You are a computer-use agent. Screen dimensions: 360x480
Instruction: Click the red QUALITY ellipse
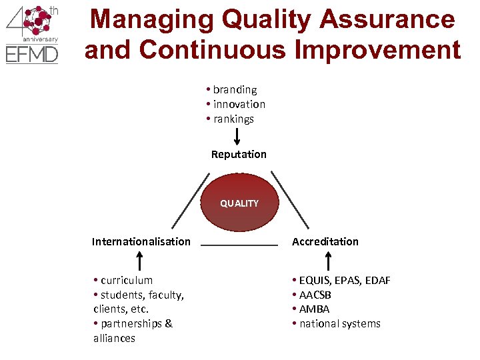239,203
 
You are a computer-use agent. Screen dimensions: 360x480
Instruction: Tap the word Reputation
239,155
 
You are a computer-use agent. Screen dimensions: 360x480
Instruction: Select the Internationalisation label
141,241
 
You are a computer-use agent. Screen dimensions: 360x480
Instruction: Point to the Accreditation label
325,241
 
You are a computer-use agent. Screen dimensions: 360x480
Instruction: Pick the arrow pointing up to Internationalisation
141,260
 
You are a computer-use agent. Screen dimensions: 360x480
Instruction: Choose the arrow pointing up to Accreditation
329,260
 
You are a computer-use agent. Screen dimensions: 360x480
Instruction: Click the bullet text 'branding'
235,89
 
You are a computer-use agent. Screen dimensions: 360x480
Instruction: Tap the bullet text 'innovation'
239,104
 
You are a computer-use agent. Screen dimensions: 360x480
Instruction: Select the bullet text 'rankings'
233,119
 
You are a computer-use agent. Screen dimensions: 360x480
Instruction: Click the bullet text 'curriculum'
127,280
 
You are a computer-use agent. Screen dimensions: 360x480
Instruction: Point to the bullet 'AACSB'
315,295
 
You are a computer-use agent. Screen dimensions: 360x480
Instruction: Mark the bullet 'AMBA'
314,309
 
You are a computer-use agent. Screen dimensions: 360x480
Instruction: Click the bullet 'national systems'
339,323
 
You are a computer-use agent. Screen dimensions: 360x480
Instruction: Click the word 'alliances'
115,338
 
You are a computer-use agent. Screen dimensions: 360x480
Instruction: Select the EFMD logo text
32,54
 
